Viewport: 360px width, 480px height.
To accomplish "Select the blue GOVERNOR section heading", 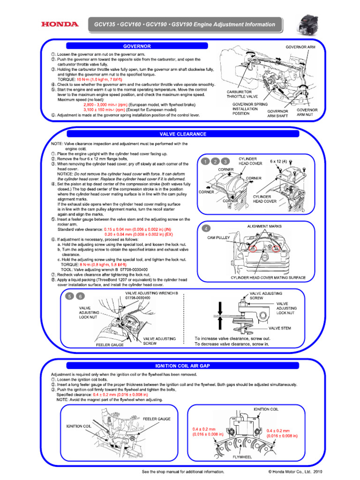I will click(136, 46).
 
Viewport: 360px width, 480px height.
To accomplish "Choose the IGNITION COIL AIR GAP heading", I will click(183, 365).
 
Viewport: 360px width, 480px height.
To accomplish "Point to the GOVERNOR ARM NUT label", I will click(307, 112).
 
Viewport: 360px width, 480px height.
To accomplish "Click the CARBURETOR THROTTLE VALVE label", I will click(240, 94).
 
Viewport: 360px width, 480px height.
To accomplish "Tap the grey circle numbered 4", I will click(205, 228).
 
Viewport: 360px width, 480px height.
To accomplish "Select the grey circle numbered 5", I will click(69, 296).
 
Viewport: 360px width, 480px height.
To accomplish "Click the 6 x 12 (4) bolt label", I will click(278, 161).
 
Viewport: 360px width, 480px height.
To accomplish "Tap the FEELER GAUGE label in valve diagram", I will click(109, 345).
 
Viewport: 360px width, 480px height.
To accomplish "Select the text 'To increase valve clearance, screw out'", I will click(232, 337).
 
